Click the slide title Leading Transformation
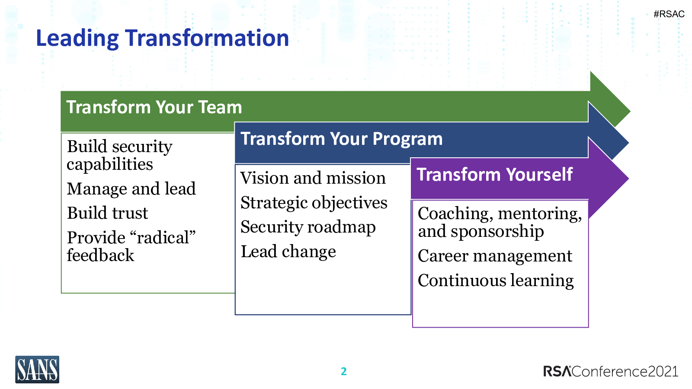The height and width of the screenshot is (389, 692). (163, 38)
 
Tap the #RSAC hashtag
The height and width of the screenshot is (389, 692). (669, 14)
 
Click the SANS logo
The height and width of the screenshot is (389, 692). (37, 370)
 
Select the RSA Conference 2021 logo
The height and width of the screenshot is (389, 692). (611, 371)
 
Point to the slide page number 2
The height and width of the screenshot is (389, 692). (343, 371)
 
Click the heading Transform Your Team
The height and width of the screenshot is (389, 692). (154, 107)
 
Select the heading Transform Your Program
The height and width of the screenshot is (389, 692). (342, 139)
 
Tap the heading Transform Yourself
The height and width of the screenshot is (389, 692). (495, 175)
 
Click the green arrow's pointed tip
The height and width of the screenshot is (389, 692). (630, 112)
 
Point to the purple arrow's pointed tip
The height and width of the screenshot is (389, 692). (628, 178)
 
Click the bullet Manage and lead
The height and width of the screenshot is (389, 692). (131, 188)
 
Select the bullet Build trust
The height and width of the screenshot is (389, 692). (108, 213)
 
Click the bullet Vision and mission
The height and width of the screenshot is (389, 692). (313, 178)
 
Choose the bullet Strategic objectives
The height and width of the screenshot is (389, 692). (314, 203)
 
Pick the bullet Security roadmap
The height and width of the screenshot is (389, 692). (308, 227)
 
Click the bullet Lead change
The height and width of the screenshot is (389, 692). (288, 252)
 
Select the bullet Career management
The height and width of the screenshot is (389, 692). (495, 256)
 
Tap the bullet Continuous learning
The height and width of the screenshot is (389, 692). (496, 281)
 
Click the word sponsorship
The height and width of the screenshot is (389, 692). (497, 232)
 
